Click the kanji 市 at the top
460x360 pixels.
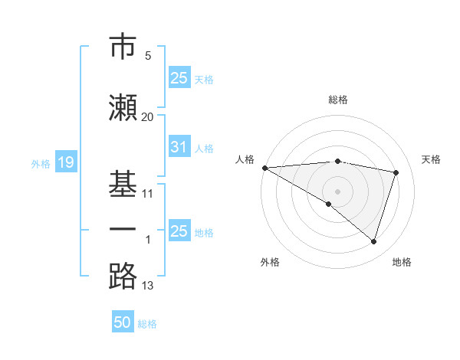point(123,47)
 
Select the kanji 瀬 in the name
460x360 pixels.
point(123,106)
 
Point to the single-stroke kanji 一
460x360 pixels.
point(123,228)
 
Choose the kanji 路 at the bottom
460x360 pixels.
point(123,275)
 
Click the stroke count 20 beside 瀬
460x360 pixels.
point(147,117)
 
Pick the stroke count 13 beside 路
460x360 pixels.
point(147,286)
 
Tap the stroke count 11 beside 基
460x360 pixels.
point(147,194)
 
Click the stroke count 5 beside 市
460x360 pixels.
point(147,56)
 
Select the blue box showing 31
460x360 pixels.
point(179,147)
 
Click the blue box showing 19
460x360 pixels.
point(65,162)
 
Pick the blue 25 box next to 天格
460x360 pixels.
point(179,78)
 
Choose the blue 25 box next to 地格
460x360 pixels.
point(179,231)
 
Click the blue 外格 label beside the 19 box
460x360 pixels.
point(41,163)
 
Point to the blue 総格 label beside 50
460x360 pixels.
point(147,324)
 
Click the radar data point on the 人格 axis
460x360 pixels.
point(264,168)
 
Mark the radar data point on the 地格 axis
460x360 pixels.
point(373,242)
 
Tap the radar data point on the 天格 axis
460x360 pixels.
point(396,172)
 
